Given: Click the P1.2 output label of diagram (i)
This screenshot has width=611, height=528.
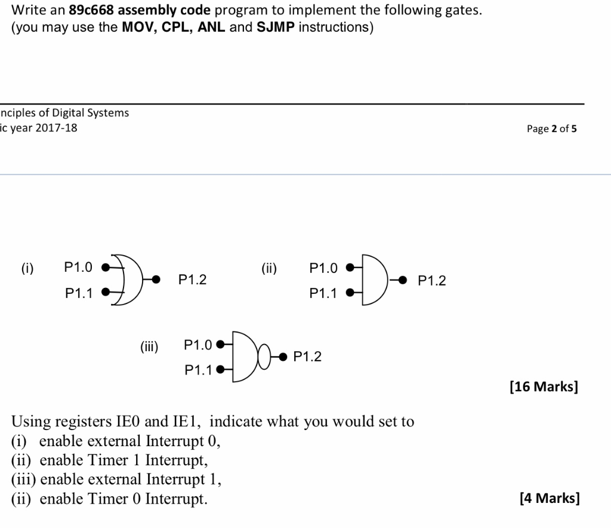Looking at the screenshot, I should (192, 280).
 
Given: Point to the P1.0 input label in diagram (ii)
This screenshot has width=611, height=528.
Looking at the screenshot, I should (323, 268).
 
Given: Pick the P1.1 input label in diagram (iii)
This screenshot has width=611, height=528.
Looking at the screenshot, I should (198, 370).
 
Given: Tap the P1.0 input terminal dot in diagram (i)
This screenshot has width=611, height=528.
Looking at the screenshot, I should (105, 268).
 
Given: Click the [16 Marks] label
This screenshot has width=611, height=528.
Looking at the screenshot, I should (543, 386).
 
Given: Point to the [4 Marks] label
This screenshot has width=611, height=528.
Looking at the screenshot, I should (549, 498).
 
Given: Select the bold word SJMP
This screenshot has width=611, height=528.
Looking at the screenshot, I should (275, 27).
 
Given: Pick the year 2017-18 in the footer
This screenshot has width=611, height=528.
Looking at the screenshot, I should (56, 128).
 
